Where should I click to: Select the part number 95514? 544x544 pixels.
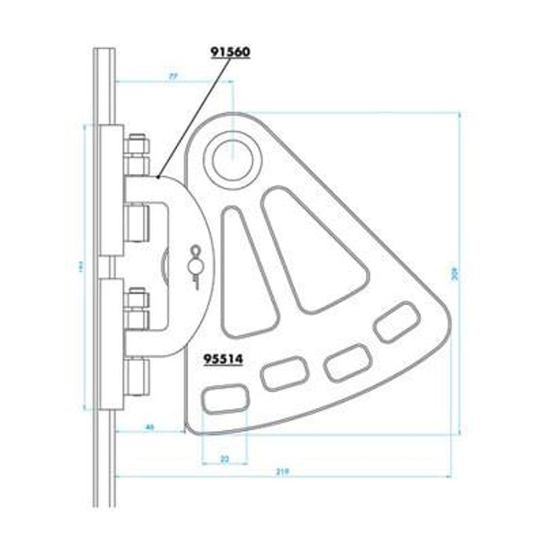point(224,358)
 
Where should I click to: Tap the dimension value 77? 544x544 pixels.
point(173,76)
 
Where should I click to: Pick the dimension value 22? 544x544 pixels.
point(224,458)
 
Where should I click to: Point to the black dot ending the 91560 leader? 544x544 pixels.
point(160,177)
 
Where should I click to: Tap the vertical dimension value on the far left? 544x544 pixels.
point(83,269)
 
